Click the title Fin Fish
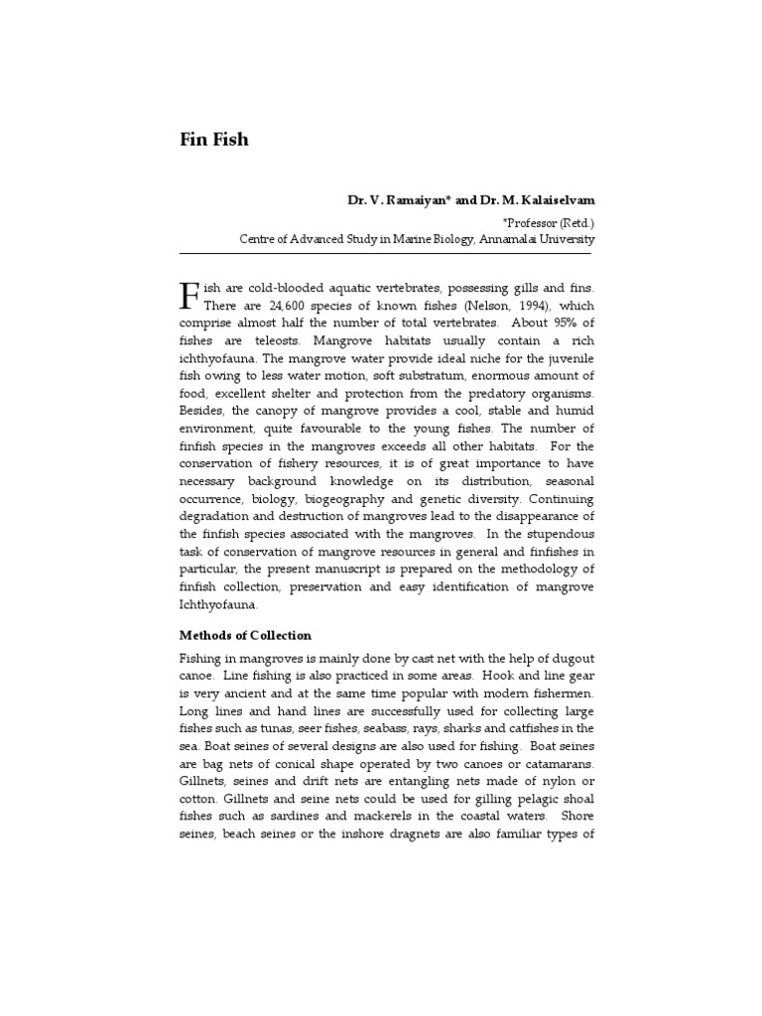(213, 139)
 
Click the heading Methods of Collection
(245, 635)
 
